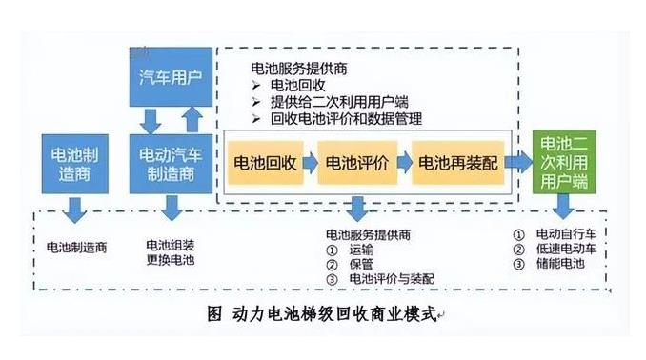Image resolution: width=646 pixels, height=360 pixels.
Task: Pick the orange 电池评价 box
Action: pos(355,161)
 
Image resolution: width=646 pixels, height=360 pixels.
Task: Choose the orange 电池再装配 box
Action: pos(456,161)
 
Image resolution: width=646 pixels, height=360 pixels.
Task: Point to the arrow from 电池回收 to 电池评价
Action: pos(310,161)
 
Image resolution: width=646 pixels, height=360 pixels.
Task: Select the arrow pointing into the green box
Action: pos(518,161)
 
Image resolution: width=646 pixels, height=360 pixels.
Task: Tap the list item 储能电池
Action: pos(561,265)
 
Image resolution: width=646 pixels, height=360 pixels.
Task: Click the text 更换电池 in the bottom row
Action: pos(170,259)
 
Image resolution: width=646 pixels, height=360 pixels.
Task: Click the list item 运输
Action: pos(362,249)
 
